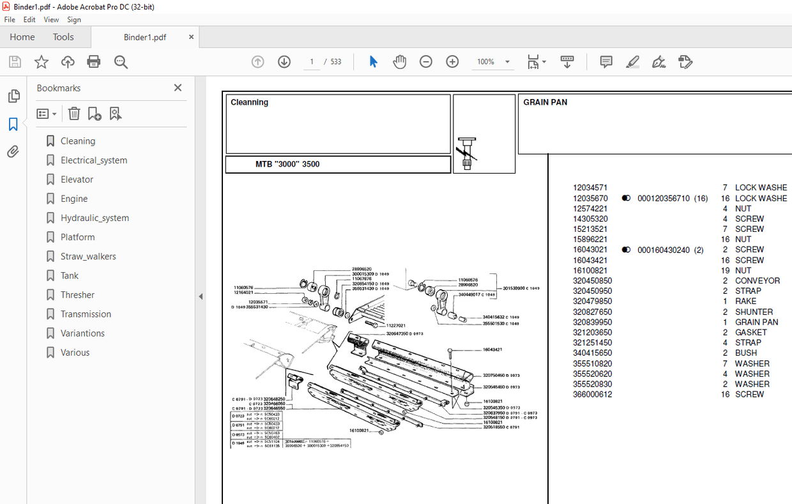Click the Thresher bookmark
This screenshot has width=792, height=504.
pos(77,294)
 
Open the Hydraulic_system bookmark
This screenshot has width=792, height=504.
pos(95,218)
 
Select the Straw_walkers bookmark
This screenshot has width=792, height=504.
pos(88,256)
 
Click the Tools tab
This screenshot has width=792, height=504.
pos(63,37)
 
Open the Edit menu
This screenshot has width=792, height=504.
pos(29,20)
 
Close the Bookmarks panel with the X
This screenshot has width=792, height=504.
pos(178,88)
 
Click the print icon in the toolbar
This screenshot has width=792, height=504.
pos(94,62)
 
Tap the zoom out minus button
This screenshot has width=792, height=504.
pos(426,62)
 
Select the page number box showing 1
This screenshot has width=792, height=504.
pos(312,62)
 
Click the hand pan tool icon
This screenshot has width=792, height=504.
pos(400,62)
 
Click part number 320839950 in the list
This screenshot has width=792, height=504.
pos(592,322)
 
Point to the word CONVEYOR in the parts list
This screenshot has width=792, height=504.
pos(757,280)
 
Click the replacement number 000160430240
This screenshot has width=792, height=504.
pos(663,250)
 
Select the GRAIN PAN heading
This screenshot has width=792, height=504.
pos(545,102)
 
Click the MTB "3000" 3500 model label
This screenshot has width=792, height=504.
pos(287,164)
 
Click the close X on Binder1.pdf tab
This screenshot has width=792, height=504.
pos(191,37)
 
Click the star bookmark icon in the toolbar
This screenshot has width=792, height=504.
pos(42,62)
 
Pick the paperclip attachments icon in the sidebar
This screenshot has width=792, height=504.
pos(13,152)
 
